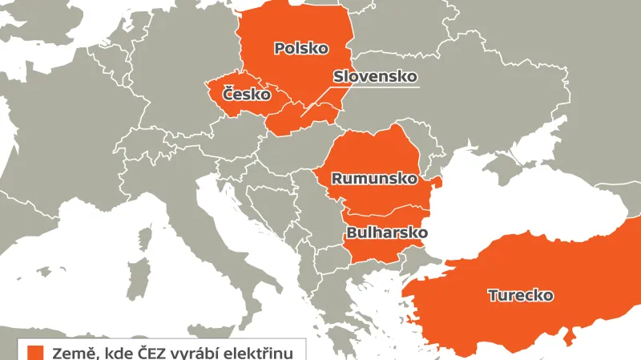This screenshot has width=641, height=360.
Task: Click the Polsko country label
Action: tap(301, 48)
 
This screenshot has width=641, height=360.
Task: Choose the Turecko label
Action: tap(521, 295)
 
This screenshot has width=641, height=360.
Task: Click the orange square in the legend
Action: tap(34, 351)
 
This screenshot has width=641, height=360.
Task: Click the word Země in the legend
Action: tap(70, 352)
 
